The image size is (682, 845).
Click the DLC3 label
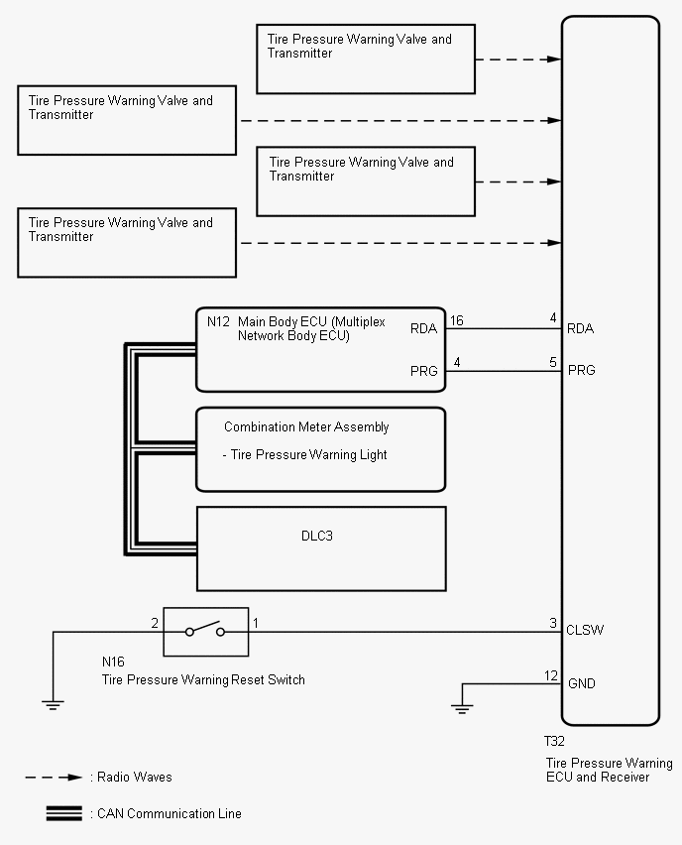[x=317, y=536]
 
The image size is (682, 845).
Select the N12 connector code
[x=218, y=321]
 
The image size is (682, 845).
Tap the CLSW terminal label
[x=585, y=630]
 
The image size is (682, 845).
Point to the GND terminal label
[x=582, y=683]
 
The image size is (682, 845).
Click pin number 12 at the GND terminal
[x=551, y=675]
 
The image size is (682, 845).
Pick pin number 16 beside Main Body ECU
[x=457, y=320]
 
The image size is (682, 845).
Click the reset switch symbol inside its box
[x=205, y=631]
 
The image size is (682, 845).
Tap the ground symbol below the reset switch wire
[x=53, y=705]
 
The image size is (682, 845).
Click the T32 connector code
[x=554, y=742]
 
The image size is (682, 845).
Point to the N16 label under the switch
[x=113, y=662]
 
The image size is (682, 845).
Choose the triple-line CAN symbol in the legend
[x=64, y=813]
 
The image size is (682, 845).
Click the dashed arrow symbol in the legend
[x=54, y=778]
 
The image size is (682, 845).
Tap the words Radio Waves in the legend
[x=135, y=778]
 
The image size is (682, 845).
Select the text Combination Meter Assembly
[x=306, y=426]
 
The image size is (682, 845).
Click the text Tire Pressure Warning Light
[x=308, y=455]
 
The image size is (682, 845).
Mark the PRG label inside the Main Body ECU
[x=424, y=371]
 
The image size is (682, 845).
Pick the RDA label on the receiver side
[x=581, y=328]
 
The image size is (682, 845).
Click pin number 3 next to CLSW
[x=553, y=623]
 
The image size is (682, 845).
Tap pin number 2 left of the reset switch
[x=155, y=623]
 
